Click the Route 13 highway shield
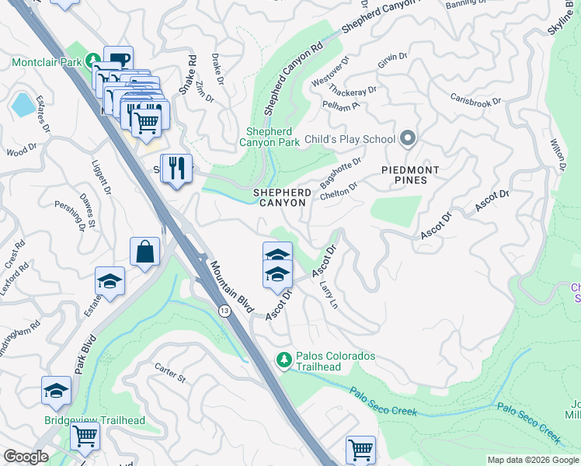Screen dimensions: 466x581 coord(224,311)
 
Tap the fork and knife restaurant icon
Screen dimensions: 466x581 coord(176,168)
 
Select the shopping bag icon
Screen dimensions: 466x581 coord(144,252)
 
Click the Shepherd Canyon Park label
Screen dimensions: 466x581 coord(273,137)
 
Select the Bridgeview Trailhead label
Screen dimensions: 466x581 coord(95,420)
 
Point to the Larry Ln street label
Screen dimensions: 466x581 coord(329,296)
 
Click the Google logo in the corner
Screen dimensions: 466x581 coord(26,457)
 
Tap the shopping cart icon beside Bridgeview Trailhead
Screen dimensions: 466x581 coord(85,435)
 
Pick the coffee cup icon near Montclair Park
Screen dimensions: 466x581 coord(118,60)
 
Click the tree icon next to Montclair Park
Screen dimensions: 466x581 coord(92,60)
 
